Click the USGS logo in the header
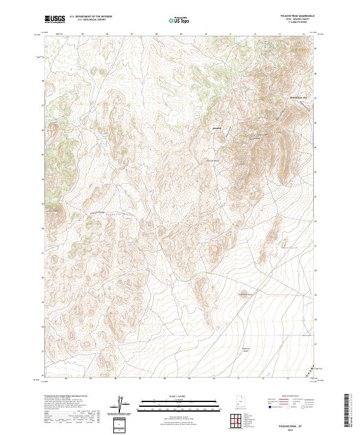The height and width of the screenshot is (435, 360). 55,19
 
